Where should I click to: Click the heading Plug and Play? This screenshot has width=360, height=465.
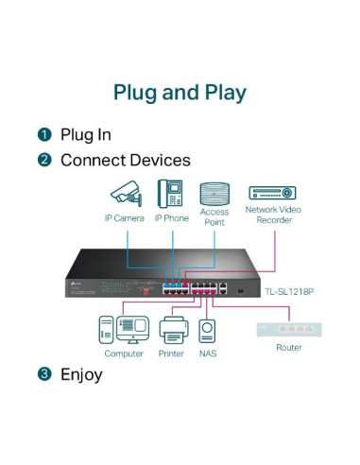180,93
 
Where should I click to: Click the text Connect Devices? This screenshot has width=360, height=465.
125,161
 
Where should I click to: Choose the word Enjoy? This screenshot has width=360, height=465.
81,374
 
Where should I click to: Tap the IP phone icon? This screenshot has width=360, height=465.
171,193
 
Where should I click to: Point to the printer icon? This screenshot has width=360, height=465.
171,331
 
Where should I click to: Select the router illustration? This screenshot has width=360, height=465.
288,331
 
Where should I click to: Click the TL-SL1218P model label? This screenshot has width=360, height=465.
289,291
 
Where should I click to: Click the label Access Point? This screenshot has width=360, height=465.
214,217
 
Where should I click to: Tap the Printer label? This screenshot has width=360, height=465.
171,353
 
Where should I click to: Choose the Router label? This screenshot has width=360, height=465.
288,348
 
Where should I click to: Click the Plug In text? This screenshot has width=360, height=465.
86,135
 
